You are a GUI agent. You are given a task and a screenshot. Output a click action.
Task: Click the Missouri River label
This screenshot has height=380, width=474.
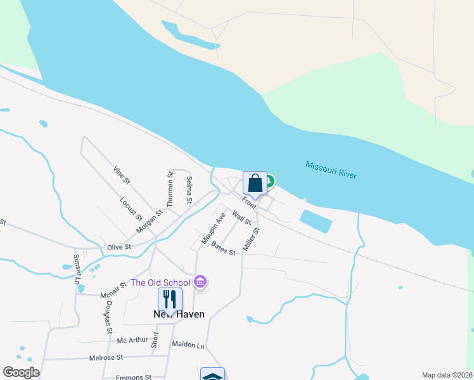click(x=331, y=170)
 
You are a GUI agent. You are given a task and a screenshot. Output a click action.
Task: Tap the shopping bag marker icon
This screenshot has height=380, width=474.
click(x=255, y=184)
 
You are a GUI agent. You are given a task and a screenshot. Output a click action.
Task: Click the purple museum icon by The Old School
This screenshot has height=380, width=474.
click(x=200, y=281)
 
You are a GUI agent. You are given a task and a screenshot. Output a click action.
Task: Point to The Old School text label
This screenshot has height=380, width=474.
click(x=160, y=282)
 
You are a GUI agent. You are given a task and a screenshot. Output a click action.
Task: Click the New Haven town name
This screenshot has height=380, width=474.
click(x=179, y=314)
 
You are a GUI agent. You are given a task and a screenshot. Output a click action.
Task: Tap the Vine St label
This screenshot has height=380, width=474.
click(x=121, y=175)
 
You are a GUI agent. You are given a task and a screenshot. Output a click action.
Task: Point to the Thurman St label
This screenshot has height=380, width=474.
click(x=170, y=190)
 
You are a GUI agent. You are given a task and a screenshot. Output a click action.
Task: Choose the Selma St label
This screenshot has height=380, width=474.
click(x=189, y=190)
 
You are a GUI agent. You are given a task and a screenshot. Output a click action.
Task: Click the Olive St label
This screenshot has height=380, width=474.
click(x=118, y=246)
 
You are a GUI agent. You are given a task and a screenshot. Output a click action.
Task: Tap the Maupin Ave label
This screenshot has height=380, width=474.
click(x=214, y=229)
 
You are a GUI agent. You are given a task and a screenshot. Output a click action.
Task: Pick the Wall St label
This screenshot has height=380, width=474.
click(x=241, y=218)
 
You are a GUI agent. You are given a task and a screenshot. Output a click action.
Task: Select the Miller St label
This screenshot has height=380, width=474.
click(x=252, y=238)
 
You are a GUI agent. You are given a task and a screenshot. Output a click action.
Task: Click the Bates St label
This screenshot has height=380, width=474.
click(x=223, y=248)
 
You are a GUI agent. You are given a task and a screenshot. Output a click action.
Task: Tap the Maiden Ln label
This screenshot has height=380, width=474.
click(x=188, y=345)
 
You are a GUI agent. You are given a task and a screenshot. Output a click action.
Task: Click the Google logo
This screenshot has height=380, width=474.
click(x=21, y=372)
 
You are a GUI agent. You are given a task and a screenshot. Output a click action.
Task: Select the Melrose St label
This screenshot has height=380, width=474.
click(x=106, y=358)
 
